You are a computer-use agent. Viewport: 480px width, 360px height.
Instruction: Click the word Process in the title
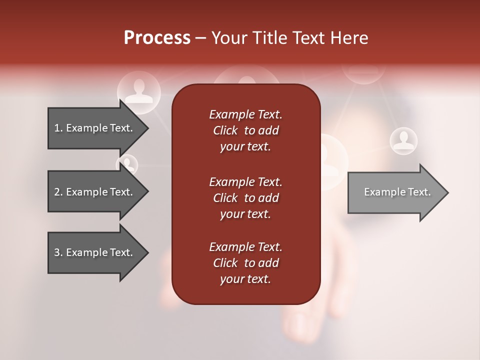tap(157, 38)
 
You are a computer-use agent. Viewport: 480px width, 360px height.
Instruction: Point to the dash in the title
tap(200, 38)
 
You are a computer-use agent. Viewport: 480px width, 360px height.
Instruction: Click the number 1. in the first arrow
tap(58, 128)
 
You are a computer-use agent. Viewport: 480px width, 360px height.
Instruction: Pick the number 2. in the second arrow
tap(58, 192)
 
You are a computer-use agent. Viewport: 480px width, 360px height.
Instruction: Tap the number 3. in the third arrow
tap(58, 252)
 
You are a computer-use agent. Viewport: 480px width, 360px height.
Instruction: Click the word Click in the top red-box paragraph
tap(225, 131)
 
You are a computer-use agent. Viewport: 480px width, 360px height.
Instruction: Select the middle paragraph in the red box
tap(245, 198)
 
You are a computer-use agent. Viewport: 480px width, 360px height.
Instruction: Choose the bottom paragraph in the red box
tap(245, 263)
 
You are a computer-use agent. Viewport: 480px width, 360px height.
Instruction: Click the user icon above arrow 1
tap(139, 91)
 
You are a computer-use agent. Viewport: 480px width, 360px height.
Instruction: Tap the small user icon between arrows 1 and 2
tap(127, 164)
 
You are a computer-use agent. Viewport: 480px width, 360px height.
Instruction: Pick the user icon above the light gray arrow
tap(403, 140)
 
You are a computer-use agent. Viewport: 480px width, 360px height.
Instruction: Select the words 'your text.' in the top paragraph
tap(245, 147)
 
